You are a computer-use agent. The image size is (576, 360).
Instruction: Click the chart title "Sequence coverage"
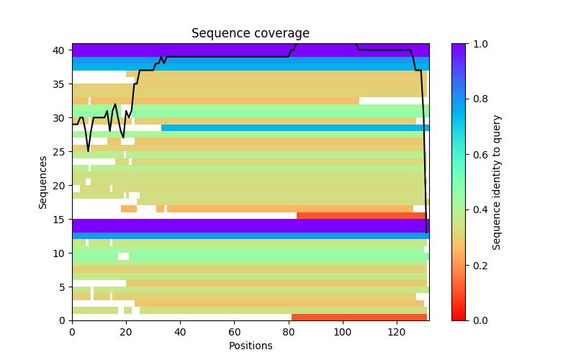pos(250,34)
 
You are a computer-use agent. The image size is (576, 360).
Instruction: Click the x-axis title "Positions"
pos(250,346)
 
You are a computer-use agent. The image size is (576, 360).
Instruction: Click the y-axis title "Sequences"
pos(43,182)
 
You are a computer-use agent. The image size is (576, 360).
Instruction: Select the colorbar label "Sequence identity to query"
pos(497,182)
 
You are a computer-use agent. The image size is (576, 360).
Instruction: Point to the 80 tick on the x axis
pos(289,320)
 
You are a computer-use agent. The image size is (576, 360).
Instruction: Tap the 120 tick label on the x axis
pos(397,331)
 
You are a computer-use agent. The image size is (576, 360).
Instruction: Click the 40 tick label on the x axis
pos(180,331)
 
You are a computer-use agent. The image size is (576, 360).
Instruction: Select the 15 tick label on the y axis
pos(62,219)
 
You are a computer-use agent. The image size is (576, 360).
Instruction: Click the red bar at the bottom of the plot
pos(359,317)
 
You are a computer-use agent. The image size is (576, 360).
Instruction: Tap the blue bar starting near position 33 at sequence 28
pos(294,128)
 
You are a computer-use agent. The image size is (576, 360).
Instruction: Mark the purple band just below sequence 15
pos(250,225)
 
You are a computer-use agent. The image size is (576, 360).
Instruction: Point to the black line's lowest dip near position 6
pos(89,151)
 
